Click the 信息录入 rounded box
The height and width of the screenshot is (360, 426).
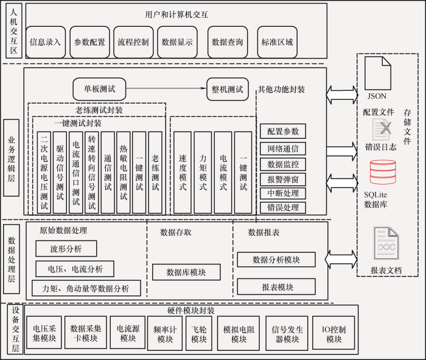(46, 42)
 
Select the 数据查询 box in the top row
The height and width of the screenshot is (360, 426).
(228, 42)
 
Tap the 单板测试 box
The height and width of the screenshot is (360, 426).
(99, 89)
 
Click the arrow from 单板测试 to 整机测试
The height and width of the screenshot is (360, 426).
(166, 88)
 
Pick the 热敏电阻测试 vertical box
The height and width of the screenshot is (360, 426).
(124, 172)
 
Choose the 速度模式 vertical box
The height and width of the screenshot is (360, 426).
(183, 172)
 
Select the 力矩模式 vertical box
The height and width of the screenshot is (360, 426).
(203, 172)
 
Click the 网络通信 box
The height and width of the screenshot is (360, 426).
(283, 149)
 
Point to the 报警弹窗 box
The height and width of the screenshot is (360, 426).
(283, 180)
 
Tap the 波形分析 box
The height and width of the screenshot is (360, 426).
(66, 249)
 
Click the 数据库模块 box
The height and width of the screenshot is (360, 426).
(186, 272)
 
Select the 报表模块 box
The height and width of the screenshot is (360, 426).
(276, 286)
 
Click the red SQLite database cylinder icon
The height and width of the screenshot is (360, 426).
(383, 172)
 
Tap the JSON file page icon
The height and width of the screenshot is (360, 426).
(378, 73)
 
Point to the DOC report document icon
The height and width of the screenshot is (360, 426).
(386, 243)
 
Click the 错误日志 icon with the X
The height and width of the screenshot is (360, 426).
(382, 130)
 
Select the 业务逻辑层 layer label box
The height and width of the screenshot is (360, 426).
(11, 158)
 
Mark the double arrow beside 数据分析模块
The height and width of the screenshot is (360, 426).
(341, 259)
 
